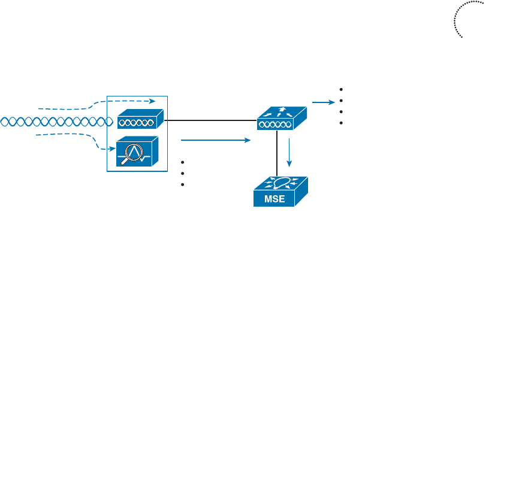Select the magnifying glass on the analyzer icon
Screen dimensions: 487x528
pyautogui.click(x=135, y=147)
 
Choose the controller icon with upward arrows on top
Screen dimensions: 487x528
pyautogui.click(x=280, y=118)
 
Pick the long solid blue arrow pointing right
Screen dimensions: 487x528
pyautogui.click(x=214, y=141)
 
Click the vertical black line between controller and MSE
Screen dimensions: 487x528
pyautogui.click(x=276, y=153)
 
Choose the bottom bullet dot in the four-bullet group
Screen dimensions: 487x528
pyautogui.click(x=341, y=123)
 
